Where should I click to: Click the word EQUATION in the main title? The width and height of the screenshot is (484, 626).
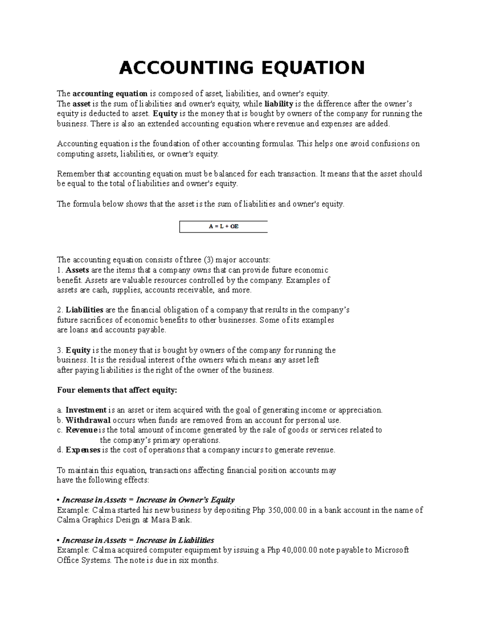[313, 68]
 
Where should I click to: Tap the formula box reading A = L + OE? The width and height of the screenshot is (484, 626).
[223, 227]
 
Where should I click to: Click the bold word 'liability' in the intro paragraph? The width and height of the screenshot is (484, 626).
[278, 104]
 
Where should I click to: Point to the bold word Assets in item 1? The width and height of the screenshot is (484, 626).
[77, 270]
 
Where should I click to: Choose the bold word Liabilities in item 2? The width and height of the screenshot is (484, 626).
[85, 310]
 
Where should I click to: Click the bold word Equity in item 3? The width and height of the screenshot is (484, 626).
[78, 350]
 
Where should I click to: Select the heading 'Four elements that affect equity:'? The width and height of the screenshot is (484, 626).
[117, 390]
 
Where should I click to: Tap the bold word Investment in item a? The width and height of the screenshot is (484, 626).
[86, 410]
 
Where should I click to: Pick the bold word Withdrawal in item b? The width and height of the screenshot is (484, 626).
[88, 420]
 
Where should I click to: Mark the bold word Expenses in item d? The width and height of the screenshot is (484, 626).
[83, 450]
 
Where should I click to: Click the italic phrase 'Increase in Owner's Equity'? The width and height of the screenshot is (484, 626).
[185, 500]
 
